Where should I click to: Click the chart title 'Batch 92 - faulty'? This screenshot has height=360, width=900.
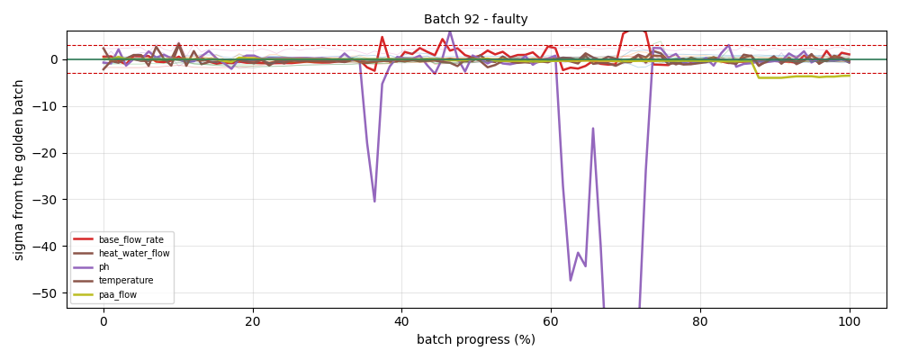click(476, 19)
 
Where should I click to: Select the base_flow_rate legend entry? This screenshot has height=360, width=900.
click(121, 238)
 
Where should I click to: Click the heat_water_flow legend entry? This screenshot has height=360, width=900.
click(121, 253)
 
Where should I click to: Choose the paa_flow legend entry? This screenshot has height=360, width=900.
click(110, 294)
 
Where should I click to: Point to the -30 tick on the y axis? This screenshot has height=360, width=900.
click(48, 200)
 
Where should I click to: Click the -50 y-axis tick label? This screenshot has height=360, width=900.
click(48, 293)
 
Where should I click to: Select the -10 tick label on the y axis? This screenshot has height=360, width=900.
click(48, 106)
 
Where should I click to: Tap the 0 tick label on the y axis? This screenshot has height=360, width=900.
click(54, 59)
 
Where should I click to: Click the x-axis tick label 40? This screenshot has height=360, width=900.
click(401, 322)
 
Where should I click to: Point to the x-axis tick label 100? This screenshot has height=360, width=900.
click(850, 322)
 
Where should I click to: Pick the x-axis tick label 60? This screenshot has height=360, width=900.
click(551, 322)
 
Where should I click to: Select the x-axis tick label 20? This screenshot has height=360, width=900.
click(253, 322)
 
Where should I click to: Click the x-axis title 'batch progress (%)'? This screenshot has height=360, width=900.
click(476, 339)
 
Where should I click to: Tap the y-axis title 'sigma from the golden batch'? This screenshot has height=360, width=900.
click(19, 169)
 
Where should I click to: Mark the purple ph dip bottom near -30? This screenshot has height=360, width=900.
click(374, 202)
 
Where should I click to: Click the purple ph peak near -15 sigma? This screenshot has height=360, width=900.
click(593, 129)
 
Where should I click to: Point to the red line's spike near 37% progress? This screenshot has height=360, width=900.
click(382, 37)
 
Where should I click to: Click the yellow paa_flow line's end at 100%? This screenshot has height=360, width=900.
click(850, 76)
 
